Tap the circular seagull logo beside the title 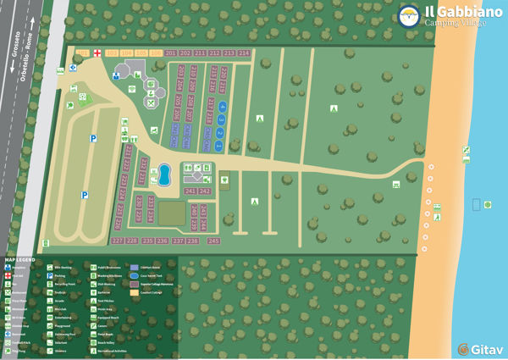409,16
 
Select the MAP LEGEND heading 20,259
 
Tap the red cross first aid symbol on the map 97,53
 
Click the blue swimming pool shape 164,175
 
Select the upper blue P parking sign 94,138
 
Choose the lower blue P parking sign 85,195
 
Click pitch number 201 171,53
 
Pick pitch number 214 244,53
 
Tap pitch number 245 213,241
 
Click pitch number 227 118,241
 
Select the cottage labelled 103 112,53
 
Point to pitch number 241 190,191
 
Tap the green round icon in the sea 489,204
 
